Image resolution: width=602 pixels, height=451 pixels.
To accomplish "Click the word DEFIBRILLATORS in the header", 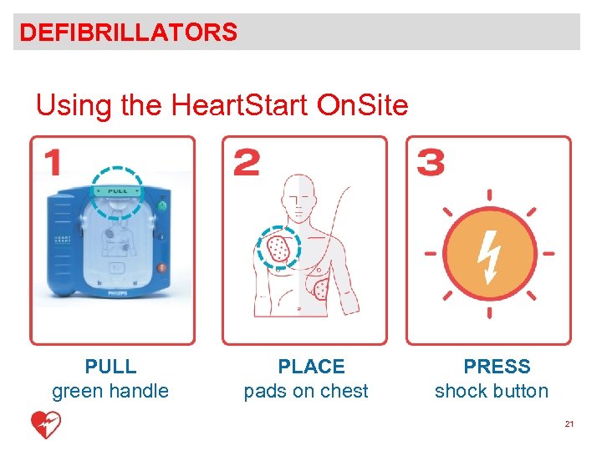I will click(x=129, y=33).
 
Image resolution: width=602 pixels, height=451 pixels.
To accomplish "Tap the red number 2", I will click(x=246, y=163).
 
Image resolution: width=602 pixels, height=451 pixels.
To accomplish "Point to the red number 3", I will click(x=431, y=163).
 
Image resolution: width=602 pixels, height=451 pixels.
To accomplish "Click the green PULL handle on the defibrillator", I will click(x=116, y=191).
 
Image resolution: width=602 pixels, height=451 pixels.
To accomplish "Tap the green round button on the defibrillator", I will click(x=162, y=205).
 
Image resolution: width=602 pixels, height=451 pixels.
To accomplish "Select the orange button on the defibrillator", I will click(x=161, y=269).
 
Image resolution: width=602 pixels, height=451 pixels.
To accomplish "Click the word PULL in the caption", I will click(x=110, y=367).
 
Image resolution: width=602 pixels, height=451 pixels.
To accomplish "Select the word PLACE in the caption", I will click(x=311, y=367).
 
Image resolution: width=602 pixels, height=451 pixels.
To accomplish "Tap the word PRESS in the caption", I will click(x=497, y=367).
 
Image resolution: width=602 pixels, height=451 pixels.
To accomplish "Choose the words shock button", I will click(x=492, y=392).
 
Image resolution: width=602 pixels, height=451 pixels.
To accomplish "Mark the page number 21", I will click(x=569, y=425).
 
